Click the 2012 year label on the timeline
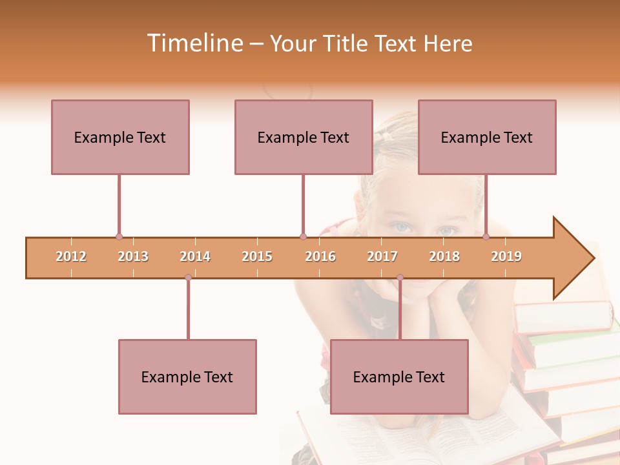(71, 256)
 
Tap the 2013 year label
(133, 256)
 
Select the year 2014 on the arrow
(195, 256)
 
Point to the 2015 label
(257, 256)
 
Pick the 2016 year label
(320, 256)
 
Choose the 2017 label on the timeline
(382, 256)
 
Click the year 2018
(444, 256)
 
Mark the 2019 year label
(506, 256)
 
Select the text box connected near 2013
(120, 137)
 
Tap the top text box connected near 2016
(304, 137)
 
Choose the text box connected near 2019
(487, 137)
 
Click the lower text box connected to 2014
(187, 377)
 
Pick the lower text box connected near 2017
(399, 377)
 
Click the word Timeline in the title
(194, 43)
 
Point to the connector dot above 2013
(119, 236)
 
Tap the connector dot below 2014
(188, 278)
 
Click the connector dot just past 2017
(400, 278)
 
